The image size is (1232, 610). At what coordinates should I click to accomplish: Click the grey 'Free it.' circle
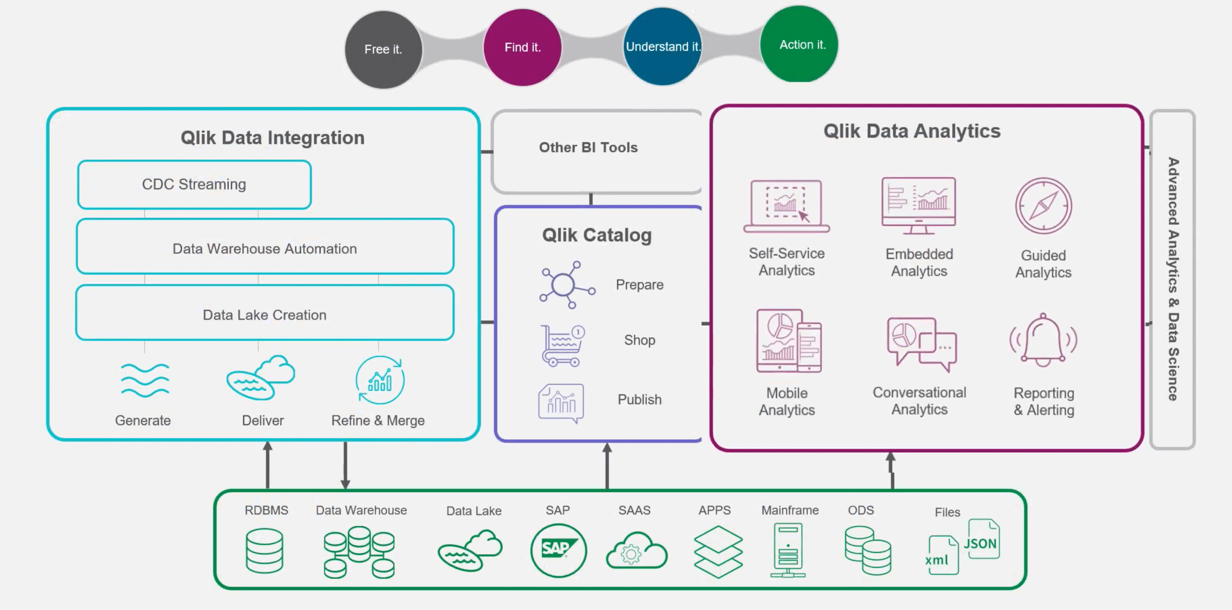pos(384,50)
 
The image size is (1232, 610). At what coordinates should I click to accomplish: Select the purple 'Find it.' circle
pos(522,48)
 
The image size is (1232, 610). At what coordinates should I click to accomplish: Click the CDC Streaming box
pos(194,185)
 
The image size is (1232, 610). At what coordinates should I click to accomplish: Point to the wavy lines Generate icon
pos(145,380)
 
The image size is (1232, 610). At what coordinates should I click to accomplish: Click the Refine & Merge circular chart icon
pos(380,380)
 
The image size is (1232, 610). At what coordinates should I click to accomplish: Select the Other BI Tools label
pos(588,148)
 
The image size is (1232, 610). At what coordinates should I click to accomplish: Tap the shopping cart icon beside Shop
pos(562,345)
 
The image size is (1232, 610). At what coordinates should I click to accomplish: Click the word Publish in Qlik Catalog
pos(640,400)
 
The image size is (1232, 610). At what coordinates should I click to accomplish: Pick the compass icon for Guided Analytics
pos(1043,206)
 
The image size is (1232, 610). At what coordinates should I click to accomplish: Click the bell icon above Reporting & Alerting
pos(1043,341)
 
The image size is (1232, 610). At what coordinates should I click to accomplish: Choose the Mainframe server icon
pos(788,550)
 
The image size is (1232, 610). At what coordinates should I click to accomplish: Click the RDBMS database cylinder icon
pos(264,550)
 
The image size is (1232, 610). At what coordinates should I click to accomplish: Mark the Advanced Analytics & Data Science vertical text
pos(1173,279)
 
